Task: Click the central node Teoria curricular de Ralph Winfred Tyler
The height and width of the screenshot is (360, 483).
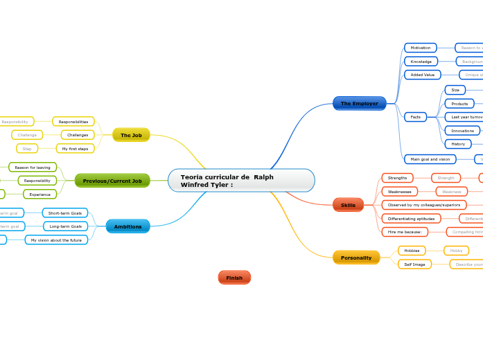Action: click(x=240, y=181)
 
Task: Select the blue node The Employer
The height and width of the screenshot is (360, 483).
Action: click(x=359, y=103)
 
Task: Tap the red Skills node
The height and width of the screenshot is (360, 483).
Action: click(x=348, y=205)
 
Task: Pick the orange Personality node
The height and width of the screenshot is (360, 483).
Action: click(x=356, y=258)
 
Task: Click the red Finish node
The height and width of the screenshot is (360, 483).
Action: click(x=234, y=278)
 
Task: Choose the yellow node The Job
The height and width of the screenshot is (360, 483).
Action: click(x=131, y=135)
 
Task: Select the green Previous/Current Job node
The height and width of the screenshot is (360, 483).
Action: click(x=112, y=181)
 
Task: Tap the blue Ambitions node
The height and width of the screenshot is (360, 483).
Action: click(x=128, y=226)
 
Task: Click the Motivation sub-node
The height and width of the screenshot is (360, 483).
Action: click(x=421, y=48)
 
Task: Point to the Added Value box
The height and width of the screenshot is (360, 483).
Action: click(x=423, y=75)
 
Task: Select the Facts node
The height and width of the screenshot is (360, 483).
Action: click(x=416, y=117)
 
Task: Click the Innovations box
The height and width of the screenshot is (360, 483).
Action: click(x=462, y=130)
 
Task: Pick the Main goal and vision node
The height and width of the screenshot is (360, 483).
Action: click(x=430, y=159)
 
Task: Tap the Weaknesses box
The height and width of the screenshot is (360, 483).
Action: click(x=400, y=192)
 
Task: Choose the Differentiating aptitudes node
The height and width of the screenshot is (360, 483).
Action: click(x=411, y=219)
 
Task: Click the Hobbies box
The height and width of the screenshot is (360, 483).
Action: click(x=412, y=251)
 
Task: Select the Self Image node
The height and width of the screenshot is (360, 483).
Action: click(x=414, y=264)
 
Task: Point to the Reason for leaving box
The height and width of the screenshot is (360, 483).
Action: click(x=33, y=167)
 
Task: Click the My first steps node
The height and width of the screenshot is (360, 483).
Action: click(x=76, y=148)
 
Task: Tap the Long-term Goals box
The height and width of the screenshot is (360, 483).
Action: click(x=65, y=226)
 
